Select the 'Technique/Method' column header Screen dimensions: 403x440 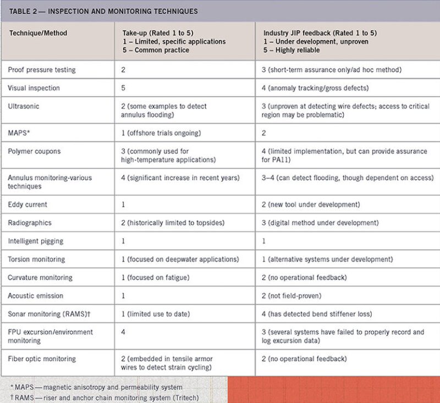[37, 33]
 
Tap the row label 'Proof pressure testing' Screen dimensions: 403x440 [42, 70]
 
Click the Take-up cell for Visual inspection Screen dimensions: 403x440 [123, 88]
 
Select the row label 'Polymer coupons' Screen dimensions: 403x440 [34, 151]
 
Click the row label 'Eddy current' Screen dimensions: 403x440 [28, 205]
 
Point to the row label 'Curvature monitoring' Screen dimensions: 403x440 [40, 278]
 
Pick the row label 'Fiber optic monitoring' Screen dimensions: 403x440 [42, 359]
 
